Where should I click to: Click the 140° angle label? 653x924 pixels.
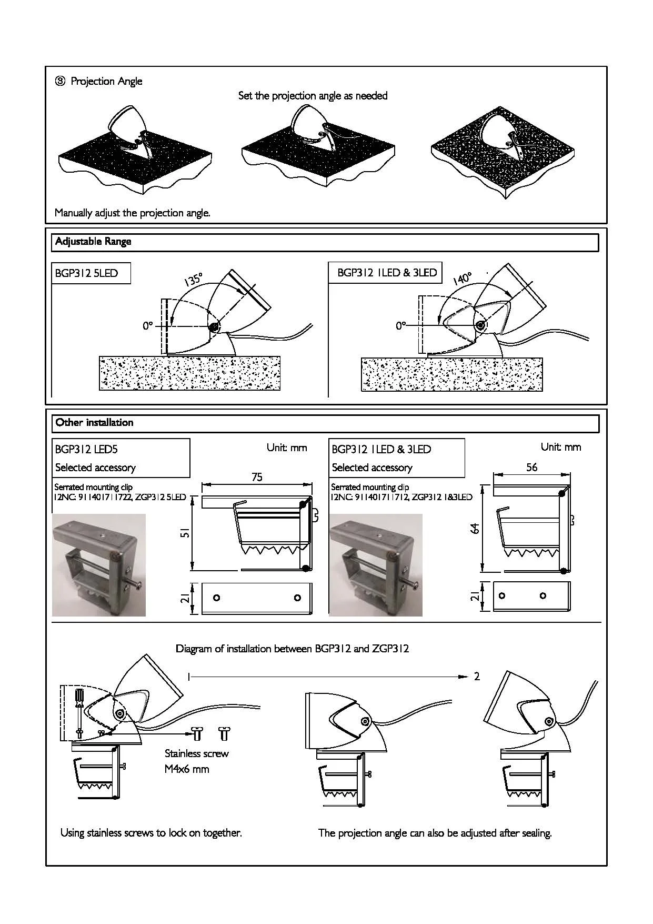click(462, 278)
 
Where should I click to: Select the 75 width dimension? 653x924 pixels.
click(257, 477)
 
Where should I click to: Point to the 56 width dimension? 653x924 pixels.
click(531, 467)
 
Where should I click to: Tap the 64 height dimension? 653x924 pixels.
click(475, 528)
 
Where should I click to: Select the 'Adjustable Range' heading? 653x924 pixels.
click(93, 242)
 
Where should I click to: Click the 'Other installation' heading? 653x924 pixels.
click(94, 422)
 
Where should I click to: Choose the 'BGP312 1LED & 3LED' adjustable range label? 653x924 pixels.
click(387, 273)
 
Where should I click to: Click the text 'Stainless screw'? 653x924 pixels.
click(196, 753)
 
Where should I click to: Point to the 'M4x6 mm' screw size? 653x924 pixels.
click(187, 769)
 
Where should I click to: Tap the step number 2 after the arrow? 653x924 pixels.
click(477, 677)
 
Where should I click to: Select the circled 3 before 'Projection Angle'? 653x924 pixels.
click(61, 81)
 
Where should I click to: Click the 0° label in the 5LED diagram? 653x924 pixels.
click(147, 326)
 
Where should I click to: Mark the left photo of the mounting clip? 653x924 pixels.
click(99, 565)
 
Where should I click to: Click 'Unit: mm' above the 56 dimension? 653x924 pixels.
click(561, 447)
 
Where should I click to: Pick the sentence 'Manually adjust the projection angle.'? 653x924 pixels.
click(133, 213)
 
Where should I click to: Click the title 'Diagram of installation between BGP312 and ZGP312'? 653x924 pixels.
click(292, 649)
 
